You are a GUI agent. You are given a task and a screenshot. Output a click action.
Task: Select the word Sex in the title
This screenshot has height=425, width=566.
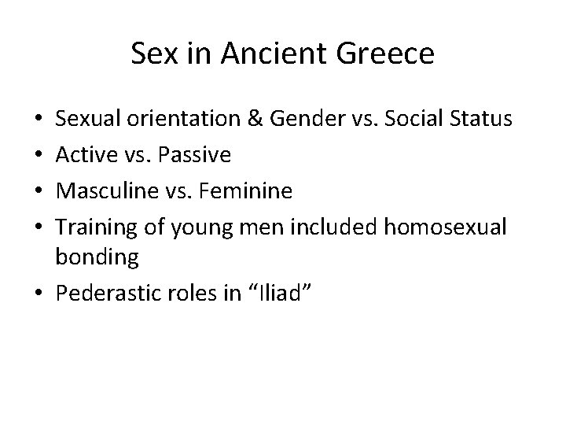point(149,55)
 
